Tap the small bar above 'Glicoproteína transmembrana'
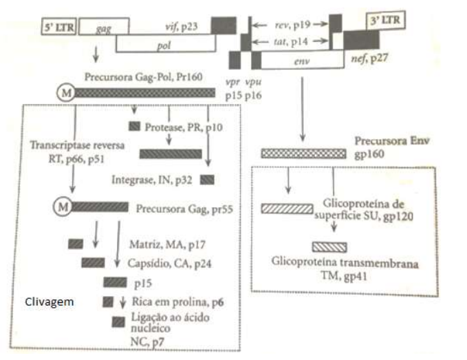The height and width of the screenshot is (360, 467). [329, 246]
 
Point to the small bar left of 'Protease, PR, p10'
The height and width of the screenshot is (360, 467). [133, 125]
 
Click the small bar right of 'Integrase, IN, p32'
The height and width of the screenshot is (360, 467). [207, 180]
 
